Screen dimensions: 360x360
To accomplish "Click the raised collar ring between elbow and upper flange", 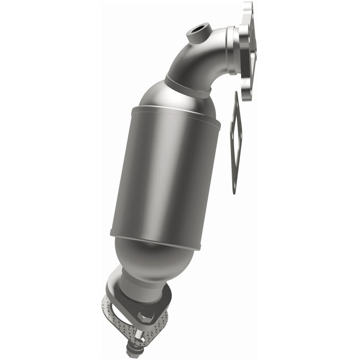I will (x=232, y=49).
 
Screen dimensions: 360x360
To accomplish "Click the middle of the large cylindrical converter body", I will (x=164, y=175).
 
